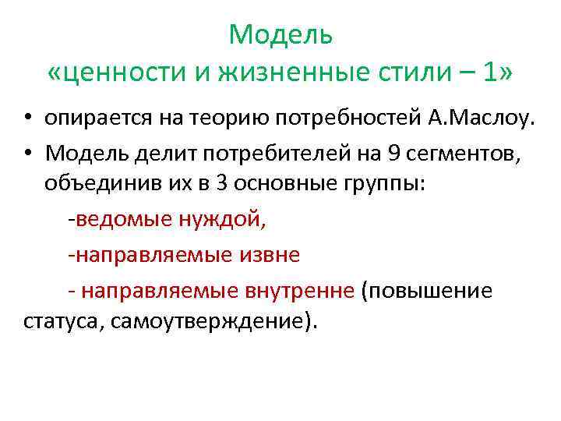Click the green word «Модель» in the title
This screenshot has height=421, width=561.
point(280,35)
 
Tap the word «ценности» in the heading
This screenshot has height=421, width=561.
point(118,73)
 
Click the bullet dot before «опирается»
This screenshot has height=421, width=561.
point(26,119)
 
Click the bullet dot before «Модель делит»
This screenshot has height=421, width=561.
point(26,153)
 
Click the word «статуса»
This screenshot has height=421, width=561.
point(59,323)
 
